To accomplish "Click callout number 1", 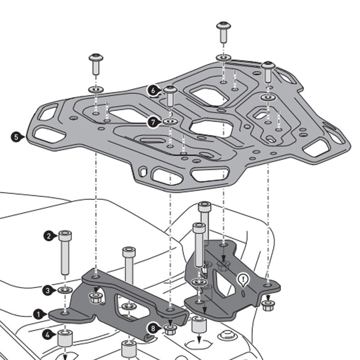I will tap(39, 314).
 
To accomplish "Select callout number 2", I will tap(49, 235).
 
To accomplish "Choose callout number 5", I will tap(16, 136).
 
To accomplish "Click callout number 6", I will tap(153, 90).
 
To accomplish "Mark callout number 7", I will tap(153, 122).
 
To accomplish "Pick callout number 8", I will tap(153, 329).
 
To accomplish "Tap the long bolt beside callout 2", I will tap(65, 252).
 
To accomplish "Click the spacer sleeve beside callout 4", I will tap(65, 338).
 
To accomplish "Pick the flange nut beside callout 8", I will tap(170, 328).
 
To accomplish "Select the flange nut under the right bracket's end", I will tap(267, 306).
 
